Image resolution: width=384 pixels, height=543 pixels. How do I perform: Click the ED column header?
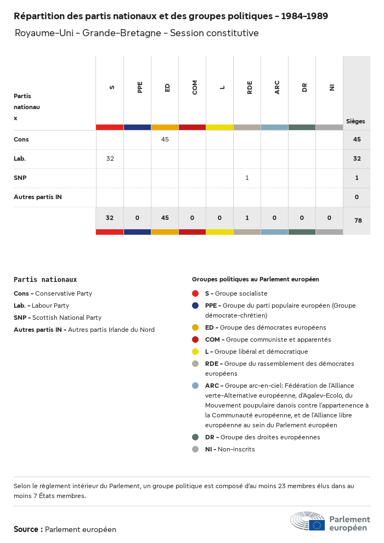pyautogui.click(x=167, y=88)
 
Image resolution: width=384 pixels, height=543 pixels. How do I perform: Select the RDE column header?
pyautogui.click(x=250, y=88)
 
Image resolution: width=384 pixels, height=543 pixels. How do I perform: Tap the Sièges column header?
pyautogui.click(x=355, y=121)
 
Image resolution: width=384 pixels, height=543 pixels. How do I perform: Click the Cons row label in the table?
pyautogui.click(x=21, y=139)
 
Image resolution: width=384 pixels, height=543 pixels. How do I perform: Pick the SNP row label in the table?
pyautogui.click(x=20, y=178)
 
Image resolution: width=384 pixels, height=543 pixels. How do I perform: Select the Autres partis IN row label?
pyautogui.click(x=38, y=197)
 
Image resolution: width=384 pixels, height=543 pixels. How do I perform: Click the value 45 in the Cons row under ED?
pyautogui.click(x=165, y=139)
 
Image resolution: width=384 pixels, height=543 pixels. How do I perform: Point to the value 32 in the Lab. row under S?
pyautogui.click(x=110, y=159)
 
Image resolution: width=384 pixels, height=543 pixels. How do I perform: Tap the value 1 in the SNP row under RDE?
pyautogui.click(x=247, y=178)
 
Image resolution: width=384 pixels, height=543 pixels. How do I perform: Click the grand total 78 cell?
pyautogui.click(x=358, y=220)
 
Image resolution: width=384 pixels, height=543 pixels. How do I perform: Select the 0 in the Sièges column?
pyautogui.click(x=357, y=197)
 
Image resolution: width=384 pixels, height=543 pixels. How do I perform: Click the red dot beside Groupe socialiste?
pyautogui.click(x=195, y=293)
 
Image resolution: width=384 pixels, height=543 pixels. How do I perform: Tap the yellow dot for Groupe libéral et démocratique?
pyautogui.click(x=195, y=352)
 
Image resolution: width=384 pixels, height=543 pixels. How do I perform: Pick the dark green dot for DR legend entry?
pyautogui.click(x=195, y=437)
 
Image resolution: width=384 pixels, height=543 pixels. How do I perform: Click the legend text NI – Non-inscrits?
pyautogui.click(x=230, y=449)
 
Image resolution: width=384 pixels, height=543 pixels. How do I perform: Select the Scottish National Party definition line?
pyautogui.click(x=58, y=318)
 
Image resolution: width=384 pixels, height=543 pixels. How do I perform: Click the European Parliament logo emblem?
pyautogui.click(x=308, y=521)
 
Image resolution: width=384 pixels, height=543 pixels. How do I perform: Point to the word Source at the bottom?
pyautogui.click(x=26, y=529)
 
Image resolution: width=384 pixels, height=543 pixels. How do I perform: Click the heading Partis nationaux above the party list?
pyautogui.click(x=46, y=280)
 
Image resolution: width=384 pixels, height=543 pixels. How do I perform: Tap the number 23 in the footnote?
pyautogui.click(x=282, y=486)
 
